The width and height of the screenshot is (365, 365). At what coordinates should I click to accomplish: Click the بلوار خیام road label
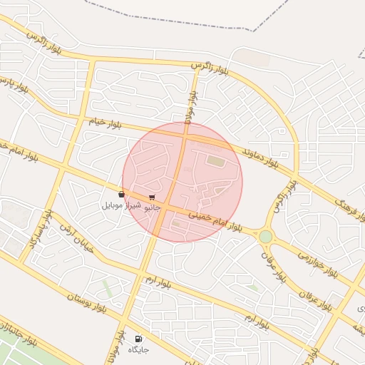click(x=106, y=124)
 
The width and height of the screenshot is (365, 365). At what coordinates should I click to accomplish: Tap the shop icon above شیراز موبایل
click(x=121, y=194)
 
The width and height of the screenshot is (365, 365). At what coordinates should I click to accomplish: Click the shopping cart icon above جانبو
click(x=152, y=197)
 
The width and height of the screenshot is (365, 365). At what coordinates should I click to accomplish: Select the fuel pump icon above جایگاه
click(x=138, y=339)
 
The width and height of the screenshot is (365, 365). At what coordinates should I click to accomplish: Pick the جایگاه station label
click(x=138, y=349)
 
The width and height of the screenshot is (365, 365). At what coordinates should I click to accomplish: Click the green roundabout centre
click(x=266, y=236)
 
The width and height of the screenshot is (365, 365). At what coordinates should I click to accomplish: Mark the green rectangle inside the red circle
click(x=215, y=161)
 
